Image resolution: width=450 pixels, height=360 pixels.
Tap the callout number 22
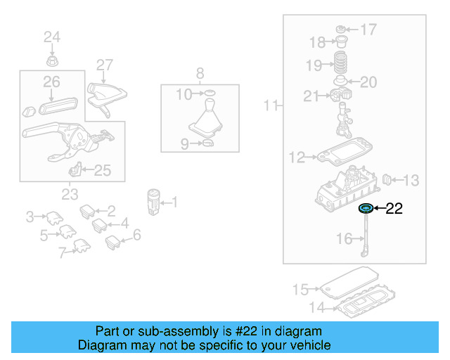tap(394, 208)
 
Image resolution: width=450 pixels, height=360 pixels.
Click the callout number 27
tap(104, 65)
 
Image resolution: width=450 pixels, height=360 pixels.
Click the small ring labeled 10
tap(207, 93)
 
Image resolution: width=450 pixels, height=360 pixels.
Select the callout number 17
tap(368, 30)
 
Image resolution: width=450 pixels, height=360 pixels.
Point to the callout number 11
tap(271, 106)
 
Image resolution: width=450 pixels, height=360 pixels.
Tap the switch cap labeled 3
tap(53, 217)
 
